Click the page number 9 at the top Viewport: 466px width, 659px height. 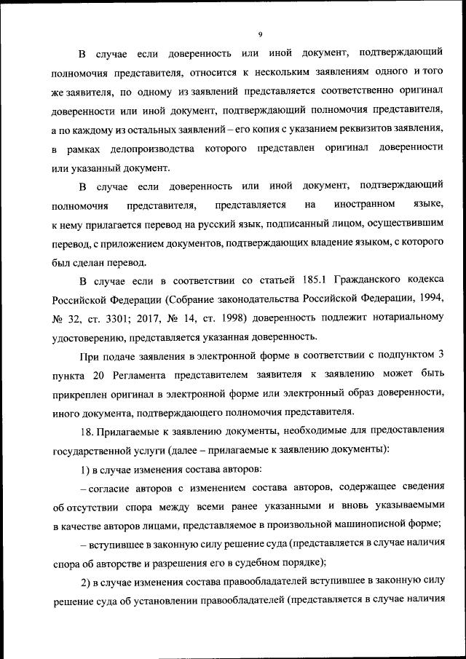pyautogui.click(x=260, y=33)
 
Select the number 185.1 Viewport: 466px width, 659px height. pyautogui.click(x=317, y=280)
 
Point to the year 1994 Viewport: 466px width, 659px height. pyautogui.click(x=428, y=299)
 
